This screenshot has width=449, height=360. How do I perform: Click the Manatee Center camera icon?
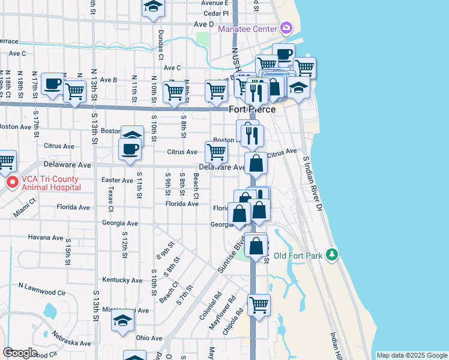[286, 28]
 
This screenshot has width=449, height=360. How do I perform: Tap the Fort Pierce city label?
[252, 109]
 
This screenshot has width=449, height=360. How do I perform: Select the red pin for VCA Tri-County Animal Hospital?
[11, 182]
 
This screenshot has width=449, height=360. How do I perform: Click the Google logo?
[20, 353]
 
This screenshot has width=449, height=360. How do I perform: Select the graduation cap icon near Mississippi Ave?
[122, 320]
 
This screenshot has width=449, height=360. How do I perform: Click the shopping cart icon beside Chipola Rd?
[259, 304]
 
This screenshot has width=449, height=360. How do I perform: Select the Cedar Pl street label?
[216, 13]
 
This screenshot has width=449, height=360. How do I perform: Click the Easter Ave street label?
[117, 180]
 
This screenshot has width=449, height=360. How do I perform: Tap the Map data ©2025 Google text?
[411, 355]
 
